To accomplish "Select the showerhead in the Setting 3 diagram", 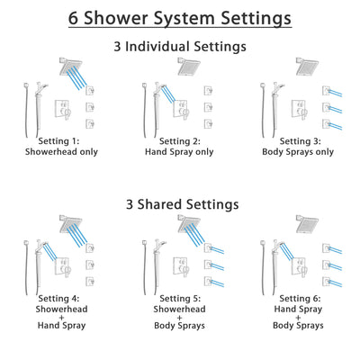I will pyautogui.click(x=305, y=67).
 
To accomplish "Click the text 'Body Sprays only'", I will pyautogui.click(x=296, y=151).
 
